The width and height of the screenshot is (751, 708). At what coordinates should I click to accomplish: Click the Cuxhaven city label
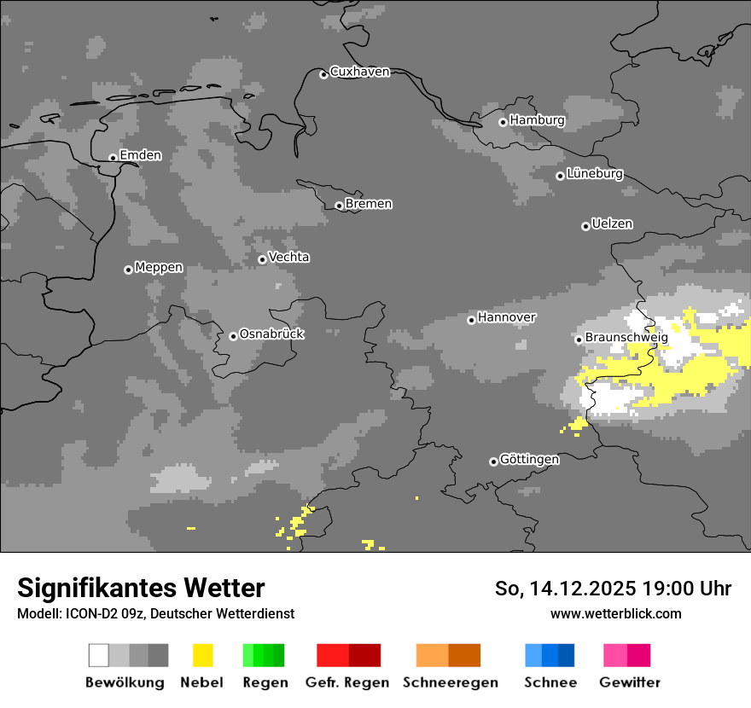(359, 72)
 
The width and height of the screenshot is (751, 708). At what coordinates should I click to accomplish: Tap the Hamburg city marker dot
(503, 122)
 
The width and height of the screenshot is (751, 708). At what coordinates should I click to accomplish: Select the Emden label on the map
(140, 155)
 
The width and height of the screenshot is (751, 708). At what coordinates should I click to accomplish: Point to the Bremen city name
(369, 204)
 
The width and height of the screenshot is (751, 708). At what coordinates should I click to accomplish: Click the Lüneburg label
(595, 174)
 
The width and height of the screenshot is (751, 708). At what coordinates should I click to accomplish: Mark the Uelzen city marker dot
(585, 226)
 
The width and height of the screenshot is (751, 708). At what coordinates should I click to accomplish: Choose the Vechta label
(288, 258)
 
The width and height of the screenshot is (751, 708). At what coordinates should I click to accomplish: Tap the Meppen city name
(159, 268)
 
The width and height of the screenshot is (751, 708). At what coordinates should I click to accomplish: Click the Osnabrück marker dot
(233, 336)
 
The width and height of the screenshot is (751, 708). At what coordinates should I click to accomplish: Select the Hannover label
(507, 317)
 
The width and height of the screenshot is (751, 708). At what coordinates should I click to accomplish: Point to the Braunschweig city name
(626, 338)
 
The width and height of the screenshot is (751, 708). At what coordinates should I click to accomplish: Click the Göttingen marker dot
(493, 461)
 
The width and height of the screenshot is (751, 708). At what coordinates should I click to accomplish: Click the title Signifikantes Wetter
(141, 589)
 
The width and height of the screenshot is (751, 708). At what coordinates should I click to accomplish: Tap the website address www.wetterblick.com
(615, 613)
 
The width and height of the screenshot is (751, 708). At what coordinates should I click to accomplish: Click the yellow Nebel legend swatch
(202, 655)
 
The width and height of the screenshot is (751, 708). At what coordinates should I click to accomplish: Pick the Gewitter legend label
(629, 682)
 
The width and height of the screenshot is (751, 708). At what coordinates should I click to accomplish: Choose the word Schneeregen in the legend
(450, 682)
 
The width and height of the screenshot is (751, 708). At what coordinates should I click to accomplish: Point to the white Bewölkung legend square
(99, 655)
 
